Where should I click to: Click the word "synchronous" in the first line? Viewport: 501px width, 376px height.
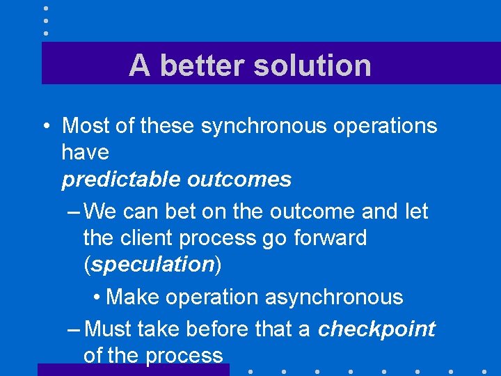[262, 126]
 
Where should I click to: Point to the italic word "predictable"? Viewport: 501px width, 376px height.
[122, 180]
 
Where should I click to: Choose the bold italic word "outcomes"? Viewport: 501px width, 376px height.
[239, 180]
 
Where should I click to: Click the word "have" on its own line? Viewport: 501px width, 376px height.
[86, 152]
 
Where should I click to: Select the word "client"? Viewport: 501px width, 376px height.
[143, 238]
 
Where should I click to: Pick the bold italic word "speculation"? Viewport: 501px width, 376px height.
[152, 265]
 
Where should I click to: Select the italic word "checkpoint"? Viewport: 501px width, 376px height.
[376, 329]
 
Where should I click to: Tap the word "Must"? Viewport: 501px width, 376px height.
[109, 329]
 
